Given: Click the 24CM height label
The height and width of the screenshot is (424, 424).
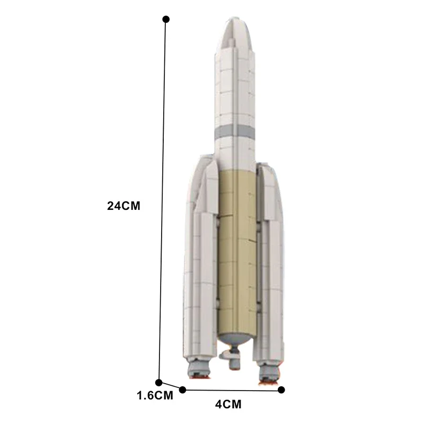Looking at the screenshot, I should tap(123, 206).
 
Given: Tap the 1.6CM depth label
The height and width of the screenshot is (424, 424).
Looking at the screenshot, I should tap(155, 395).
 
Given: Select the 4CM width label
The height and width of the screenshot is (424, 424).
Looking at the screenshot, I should tap(228, 405).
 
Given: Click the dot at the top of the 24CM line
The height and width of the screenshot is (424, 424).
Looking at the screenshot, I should tap(166, 19).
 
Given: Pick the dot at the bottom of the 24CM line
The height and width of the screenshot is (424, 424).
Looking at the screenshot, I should tap(159, 382).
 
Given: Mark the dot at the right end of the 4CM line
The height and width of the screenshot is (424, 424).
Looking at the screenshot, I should tap(281, 390).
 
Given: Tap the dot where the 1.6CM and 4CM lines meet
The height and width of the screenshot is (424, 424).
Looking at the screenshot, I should tap(183, 390).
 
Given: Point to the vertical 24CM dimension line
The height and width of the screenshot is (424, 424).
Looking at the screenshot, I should tap(163, 201).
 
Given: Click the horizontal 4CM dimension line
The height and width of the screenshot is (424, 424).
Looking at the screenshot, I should tap(232, 390).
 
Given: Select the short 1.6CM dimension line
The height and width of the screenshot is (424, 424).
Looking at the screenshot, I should tap(171, 386).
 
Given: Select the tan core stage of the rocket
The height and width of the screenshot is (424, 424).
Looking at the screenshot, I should tap(236, 249).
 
